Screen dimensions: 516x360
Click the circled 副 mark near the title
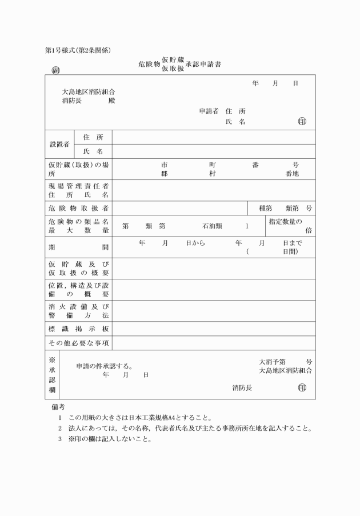coord(55,71)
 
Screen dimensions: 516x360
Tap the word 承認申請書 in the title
coord(203,64)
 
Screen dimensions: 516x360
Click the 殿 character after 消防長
coord(111,101)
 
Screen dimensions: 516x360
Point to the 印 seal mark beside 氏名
coord(302,122)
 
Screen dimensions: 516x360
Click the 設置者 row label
coord(59,144)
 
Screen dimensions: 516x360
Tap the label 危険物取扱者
coord(78,208)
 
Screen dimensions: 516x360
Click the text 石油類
coord(211,226)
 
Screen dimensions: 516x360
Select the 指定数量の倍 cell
coord(290,226)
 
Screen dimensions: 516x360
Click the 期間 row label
coord(78,247)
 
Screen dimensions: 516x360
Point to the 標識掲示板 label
coord(78,329)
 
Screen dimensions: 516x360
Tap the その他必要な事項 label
coord(78,343)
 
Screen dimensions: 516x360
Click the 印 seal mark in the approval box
coord(302,388)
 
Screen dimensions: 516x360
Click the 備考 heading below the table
coord(58,407)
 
